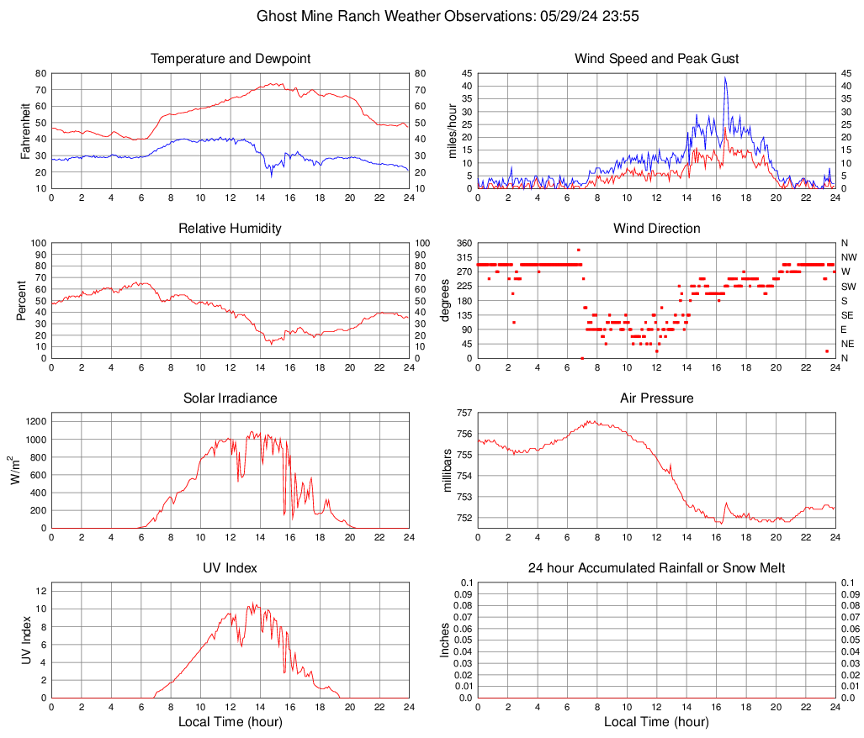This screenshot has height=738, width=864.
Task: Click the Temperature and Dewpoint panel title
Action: point(231,59)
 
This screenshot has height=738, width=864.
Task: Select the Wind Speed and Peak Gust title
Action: point(656,59)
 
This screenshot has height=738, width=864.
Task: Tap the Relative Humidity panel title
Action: point(231,229)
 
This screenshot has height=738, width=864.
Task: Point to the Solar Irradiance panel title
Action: point(231,398)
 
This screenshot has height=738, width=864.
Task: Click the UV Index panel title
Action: point(231,568)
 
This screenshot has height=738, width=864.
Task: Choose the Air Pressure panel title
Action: point(656,398)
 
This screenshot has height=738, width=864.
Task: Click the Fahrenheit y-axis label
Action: point(24,131)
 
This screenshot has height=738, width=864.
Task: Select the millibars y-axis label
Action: point(448,471)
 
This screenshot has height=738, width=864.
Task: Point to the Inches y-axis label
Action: point(446,640)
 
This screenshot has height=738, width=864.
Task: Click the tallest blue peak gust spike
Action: point(724,78)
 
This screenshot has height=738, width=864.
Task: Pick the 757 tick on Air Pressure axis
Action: point(463,413)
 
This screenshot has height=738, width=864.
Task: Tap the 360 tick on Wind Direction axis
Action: point(463,243)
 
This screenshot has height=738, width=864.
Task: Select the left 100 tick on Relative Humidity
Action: point(38,243)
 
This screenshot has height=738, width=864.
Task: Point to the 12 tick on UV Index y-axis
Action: point(40,591)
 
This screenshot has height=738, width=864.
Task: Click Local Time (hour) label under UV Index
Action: point(231,722)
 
